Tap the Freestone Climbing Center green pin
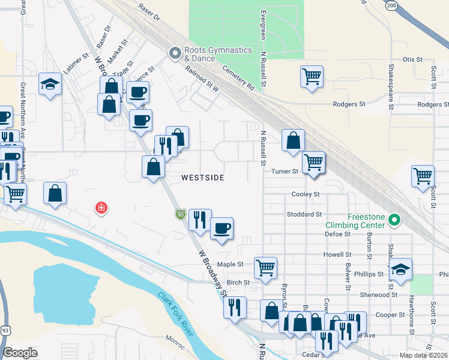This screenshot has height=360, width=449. click(394, 221)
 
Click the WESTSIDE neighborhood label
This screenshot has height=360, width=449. click(203, 178)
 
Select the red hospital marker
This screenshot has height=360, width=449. click(101, 208)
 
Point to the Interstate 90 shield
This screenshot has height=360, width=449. click(180, 214)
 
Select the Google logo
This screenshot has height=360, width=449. click(20, 353)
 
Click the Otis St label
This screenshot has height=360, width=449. click(413, 59)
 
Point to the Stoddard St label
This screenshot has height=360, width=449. click(305, 214)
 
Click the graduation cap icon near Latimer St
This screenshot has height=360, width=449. click(50, 85)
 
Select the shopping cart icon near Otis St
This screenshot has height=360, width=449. click(312, 77)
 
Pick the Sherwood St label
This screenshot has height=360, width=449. click(379, 295)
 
